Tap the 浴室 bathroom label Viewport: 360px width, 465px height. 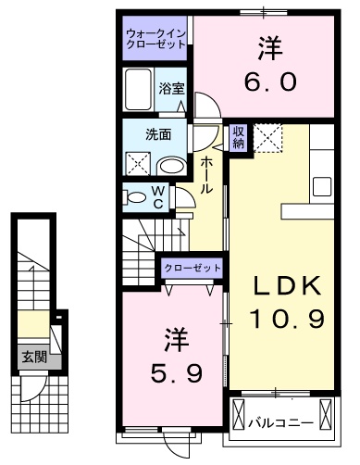[x=171, y=89]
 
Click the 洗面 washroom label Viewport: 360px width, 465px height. [x=157, y=133]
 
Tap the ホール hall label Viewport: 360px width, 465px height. [x=206, y=174]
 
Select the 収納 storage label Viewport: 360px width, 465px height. [x=238, y=137]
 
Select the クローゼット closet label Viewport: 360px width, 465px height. [x=192, y=268]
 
